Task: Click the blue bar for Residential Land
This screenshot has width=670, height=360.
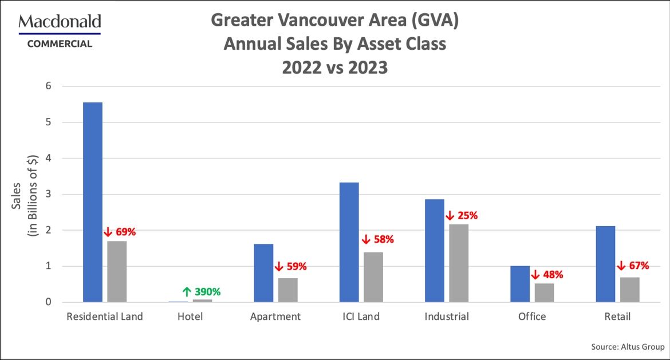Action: (x=93, y=202)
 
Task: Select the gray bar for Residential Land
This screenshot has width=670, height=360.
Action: (x=117, y=271)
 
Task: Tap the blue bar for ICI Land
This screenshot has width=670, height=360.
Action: (x=349, y=242)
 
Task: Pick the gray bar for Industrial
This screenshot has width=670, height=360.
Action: (x=459, y=263)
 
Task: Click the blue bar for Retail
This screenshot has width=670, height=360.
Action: (x=605, y=264)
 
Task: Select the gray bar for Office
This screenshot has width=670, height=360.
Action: (x=544, y=292)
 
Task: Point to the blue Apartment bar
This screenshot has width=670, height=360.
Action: (x=263, y=273)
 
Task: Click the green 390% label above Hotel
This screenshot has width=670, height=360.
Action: (x=202, y=292)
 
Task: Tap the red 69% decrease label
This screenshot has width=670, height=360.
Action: (x=120, y=232)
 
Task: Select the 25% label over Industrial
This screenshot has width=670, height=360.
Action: (x=462, y=216)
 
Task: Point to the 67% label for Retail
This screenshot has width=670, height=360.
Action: (x=633, y=266)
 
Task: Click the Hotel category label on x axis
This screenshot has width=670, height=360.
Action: (x=190, y=317)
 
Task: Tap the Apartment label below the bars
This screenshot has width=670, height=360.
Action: (x=275, y=317)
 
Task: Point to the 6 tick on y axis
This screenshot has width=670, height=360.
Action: (x=49, y=86)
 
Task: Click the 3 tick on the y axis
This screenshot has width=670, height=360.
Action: (x=49, y=194)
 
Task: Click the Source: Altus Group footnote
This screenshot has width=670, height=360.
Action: (x=628, y=347)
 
